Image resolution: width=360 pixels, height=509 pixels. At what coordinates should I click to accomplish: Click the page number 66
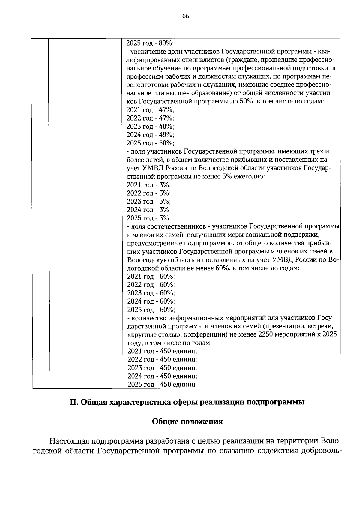coord(185,16)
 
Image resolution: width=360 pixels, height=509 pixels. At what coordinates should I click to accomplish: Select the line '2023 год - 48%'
coord(150,126)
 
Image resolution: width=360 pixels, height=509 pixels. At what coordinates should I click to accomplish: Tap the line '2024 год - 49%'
coord(150,135)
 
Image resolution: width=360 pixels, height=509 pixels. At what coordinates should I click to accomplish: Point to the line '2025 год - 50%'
coord(150,143)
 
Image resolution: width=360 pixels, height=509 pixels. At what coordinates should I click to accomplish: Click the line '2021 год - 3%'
coord(148,185)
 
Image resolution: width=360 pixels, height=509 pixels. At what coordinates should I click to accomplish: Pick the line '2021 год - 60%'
coord(151,276)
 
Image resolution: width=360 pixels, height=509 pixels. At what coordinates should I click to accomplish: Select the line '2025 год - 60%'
coord(151,310)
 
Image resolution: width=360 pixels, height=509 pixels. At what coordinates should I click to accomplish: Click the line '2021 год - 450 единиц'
coord(162,351)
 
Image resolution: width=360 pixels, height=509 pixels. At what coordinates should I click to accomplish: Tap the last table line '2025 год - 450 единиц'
coord(161,385)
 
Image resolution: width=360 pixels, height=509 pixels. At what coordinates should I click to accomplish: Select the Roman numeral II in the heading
coord(73,402)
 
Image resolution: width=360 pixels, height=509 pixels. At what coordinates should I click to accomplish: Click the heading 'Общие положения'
coord(187,421)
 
